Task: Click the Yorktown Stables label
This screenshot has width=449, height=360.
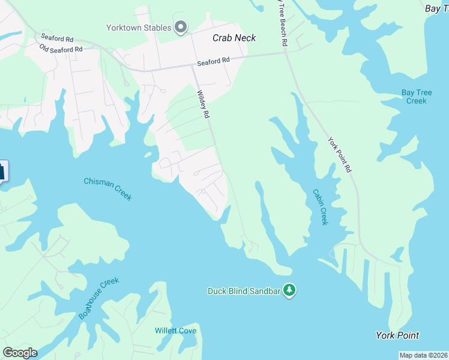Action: [138, 28]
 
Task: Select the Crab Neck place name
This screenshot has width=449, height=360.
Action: [234, 38]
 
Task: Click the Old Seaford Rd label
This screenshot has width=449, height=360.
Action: [61, 49]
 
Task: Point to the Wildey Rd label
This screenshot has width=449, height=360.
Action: [203, 104]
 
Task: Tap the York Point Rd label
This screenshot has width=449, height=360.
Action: [339, 155]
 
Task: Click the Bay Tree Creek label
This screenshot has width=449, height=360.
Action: [414, 97]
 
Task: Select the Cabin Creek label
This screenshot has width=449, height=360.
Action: [320, 207]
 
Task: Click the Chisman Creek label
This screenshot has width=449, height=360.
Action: [107, 189]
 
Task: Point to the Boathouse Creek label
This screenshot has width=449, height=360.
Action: [99, 298]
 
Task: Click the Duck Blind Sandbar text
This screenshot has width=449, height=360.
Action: [244, 291]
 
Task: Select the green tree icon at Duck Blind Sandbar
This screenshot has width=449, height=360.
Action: [289, 290]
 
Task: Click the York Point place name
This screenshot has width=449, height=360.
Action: [397, 335]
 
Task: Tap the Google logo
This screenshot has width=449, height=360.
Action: [20, 352]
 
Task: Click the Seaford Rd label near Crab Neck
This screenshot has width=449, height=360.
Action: [213, 61]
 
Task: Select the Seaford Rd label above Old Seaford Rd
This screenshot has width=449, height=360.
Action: [57, 38]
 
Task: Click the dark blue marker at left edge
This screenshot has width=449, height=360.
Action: [2, 171]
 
